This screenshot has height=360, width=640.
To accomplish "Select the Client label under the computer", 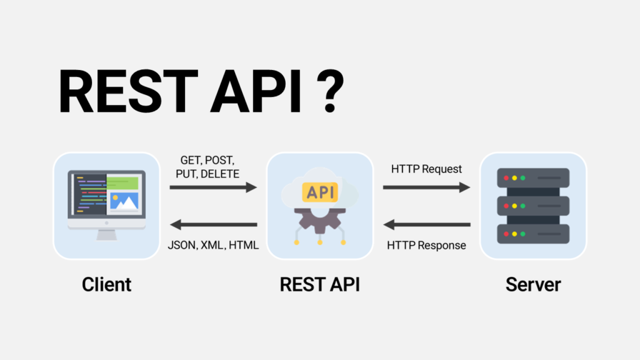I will tap(107, 285).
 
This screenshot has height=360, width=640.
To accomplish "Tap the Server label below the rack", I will tap(533, 285).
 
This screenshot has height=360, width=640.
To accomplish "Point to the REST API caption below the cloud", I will tap(319, 285).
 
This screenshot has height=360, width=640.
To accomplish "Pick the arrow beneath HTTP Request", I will tap(427, 187).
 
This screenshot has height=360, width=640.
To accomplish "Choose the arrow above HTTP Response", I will tap(427, 224).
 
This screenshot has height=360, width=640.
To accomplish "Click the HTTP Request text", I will tap(427, 169).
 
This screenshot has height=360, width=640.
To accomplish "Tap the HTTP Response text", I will tap(427, 245).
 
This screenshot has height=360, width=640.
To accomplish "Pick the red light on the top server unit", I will tap(506, 178).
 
